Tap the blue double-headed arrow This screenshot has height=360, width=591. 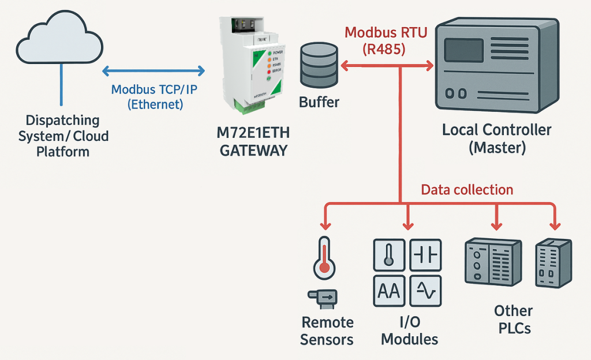153,71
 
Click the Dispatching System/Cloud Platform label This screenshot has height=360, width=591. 63,136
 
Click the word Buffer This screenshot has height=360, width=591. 319,103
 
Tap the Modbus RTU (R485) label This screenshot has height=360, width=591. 386,40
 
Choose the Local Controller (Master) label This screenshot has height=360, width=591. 497,138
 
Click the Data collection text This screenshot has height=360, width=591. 466,189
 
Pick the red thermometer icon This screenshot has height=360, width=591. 324,255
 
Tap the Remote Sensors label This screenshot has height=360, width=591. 327,330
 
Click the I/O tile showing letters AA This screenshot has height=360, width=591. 389,291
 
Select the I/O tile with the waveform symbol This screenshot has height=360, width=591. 425,291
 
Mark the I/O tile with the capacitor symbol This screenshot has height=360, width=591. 425,254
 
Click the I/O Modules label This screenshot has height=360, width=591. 409,330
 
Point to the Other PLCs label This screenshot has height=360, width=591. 513,320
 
